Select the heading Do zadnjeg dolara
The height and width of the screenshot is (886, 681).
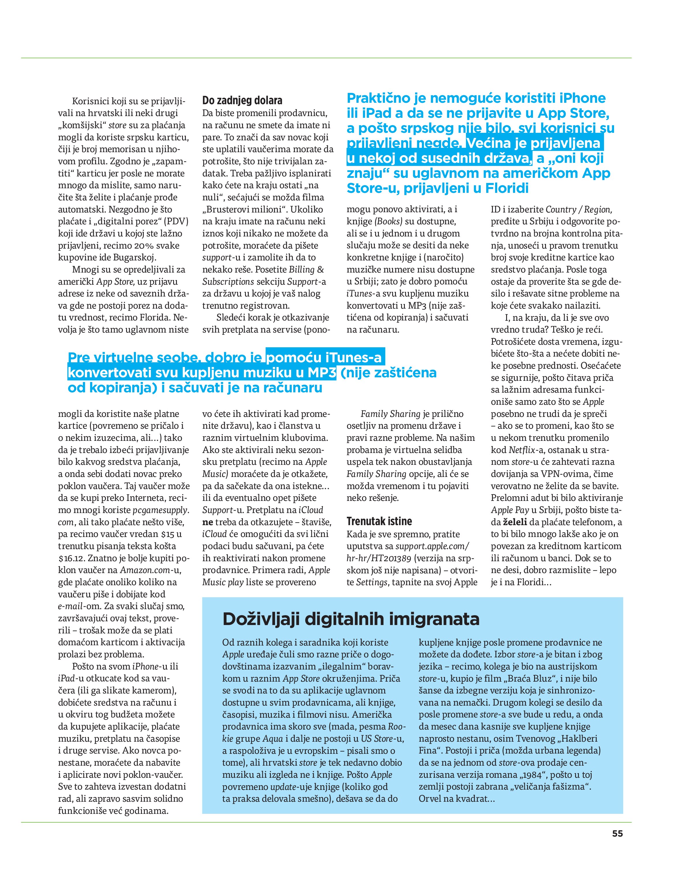click(242, 100)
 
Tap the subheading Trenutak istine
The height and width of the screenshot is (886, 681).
click(379, 521)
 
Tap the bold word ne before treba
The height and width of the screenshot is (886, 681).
click(207, 522)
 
